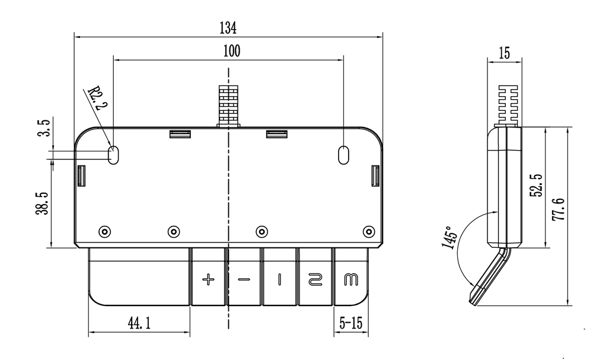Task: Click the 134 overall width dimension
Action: pos(228,27)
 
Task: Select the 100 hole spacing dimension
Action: pos(231,51)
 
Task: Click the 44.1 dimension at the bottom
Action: pos(139,323)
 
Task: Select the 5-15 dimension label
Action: pos(350,323)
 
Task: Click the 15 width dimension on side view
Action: pos(505,53)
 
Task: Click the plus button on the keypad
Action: pos(208,279)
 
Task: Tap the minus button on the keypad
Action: pos(244,279)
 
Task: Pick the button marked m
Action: pos(351,278)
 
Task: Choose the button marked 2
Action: pos(315,279)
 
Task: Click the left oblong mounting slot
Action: pos(113,155)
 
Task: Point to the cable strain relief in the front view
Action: pos(228,105)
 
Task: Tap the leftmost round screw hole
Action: pos(104,231)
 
